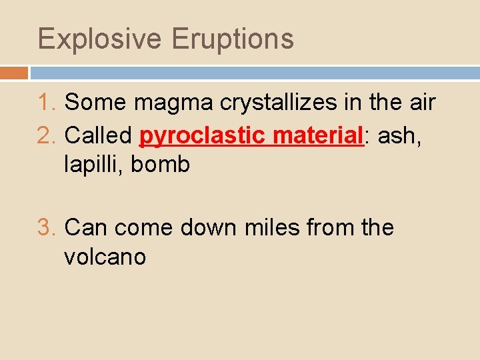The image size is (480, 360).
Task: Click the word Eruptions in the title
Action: tap(233, 39)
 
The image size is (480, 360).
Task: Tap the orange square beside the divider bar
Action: tap(14, 73)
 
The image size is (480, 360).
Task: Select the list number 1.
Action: tap(46, 103)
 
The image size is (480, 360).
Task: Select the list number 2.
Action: tap(46, 136)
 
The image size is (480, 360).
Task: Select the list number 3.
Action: tap(46, 228)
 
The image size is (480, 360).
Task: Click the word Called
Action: tap(98, 136)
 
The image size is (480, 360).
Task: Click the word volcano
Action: tap(105, 257)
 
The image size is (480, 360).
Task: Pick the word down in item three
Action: tap(207, 228)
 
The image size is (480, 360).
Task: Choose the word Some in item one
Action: tap(96, 103)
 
